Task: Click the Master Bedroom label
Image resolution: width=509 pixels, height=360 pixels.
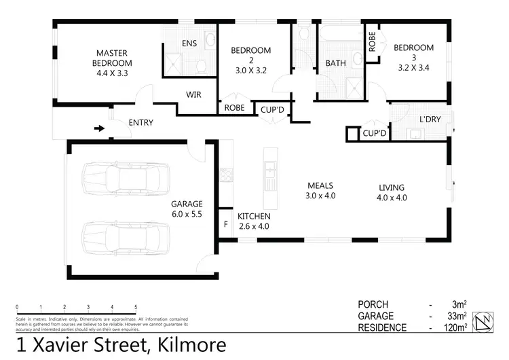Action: click(113, 59)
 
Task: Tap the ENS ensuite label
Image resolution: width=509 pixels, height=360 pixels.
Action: click(189, 43)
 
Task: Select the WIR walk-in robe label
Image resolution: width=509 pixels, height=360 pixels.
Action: click(193, 95)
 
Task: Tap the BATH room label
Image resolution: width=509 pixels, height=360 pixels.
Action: click(336, 63)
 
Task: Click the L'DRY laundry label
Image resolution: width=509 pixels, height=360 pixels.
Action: click(430, 119)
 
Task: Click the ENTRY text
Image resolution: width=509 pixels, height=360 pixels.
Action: click(140, 123)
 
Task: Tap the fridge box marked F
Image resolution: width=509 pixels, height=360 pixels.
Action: click(226, 223)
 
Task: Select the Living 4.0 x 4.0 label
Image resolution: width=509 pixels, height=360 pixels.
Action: click(392, 193)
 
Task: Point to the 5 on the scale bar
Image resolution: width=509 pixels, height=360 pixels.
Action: click(136, 307)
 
